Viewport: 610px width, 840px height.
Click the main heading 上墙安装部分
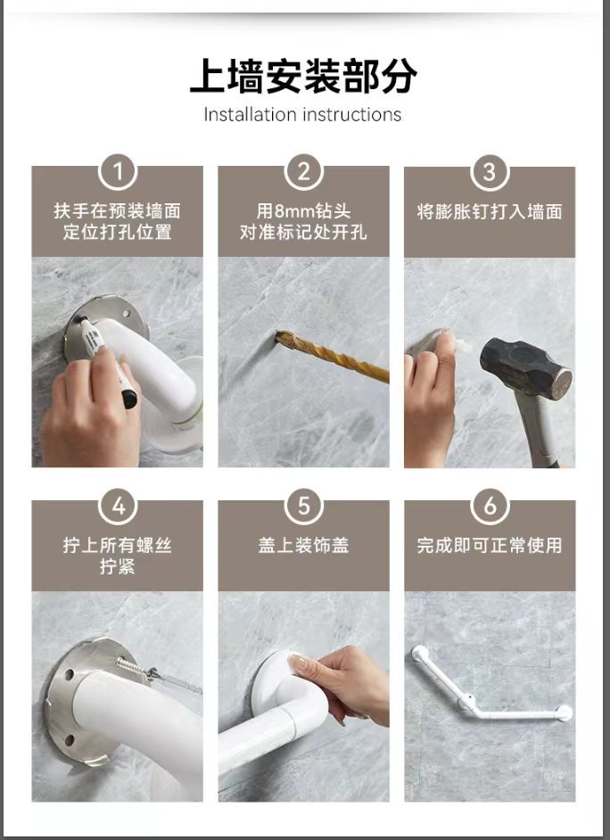point(303,76)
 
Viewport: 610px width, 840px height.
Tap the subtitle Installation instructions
point(302,115)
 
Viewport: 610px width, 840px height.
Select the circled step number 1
point(118,172)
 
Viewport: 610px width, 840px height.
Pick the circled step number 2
point(303,172)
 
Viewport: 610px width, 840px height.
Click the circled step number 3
point(490,172)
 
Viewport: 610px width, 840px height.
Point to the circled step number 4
point(118,506)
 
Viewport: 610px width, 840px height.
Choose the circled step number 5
point(303,506)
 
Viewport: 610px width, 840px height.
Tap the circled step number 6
point(490,506)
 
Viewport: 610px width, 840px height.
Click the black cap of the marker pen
point(129,398)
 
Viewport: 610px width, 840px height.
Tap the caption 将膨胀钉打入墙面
point(490,211)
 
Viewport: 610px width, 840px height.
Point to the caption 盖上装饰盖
point(303,546)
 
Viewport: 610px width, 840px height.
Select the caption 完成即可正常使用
point(490,546)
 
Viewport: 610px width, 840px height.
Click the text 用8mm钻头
point(303,211)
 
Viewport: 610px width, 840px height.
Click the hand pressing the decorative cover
point(342,682)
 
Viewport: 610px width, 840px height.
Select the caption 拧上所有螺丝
point(118,546)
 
